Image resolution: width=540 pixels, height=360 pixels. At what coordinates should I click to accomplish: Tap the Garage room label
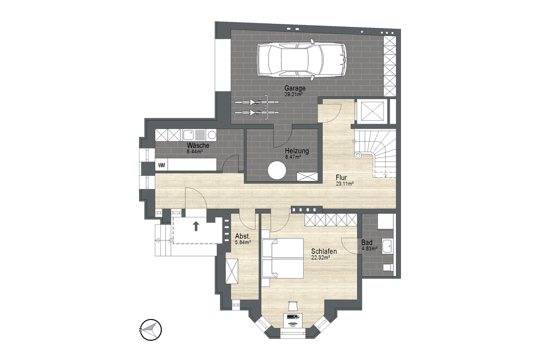[295, 88]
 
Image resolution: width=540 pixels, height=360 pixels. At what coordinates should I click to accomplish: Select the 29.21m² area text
[293, 94]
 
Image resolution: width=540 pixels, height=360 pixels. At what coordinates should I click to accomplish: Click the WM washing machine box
[161, 165]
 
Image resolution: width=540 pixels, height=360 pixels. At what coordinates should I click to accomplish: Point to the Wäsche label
[198, 146]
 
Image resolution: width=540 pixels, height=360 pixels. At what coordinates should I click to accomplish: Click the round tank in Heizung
[277, 170]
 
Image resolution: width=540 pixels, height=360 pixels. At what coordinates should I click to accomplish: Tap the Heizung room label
[297, 151]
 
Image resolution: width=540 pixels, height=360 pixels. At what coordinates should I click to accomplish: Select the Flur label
[342, 178]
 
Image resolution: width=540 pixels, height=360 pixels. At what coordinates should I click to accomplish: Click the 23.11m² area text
[345, 184]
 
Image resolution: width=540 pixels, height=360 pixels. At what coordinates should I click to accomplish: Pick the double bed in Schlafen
[283, 258]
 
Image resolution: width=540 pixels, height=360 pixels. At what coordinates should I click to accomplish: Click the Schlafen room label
[324, 251]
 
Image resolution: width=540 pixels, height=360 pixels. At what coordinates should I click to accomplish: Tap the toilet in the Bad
[388, 267]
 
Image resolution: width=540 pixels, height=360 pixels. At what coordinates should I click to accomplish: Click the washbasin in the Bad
[387, 246]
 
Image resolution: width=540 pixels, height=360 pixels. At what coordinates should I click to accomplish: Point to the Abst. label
[243, 236]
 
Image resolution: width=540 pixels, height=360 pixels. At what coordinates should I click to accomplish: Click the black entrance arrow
[197, 226]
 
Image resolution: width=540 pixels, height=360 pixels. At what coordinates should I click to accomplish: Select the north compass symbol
[151, 330]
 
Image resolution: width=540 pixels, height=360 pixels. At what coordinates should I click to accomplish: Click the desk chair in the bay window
[292, 306]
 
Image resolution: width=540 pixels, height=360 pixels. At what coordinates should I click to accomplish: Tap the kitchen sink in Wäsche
[188, 135]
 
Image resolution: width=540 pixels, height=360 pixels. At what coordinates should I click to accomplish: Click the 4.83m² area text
[369, 248]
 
